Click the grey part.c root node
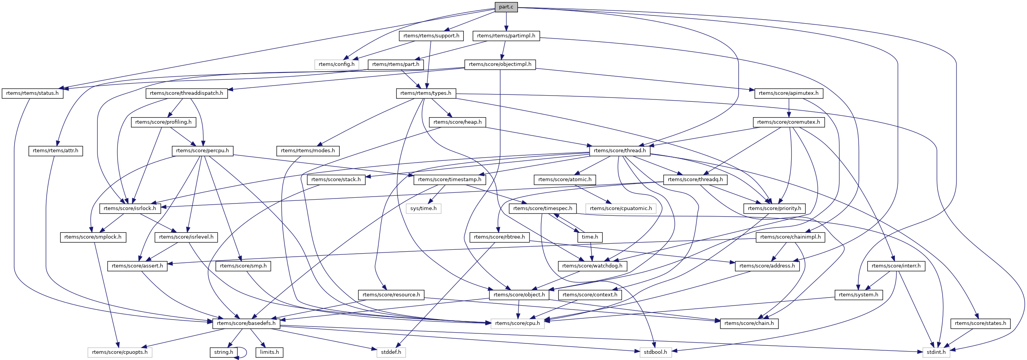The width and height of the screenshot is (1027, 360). click(506, 7)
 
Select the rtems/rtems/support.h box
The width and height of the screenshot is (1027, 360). click(431, 36)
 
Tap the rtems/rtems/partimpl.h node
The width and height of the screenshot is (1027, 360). click(506, 36)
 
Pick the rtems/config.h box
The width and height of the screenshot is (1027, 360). click(336, 65)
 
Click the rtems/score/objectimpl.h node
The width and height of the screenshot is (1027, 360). click(500, 65)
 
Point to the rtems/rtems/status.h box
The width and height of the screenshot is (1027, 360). click(32, 93)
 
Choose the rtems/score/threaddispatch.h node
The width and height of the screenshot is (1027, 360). click(187, 93)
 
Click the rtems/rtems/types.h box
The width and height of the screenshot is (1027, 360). click(426, 93)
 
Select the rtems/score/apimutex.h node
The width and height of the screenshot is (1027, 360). click(788, 93)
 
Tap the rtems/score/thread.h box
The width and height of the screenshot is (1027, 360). click(620, 151)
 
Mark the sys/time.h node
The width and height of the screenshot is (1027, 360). click(424, 209)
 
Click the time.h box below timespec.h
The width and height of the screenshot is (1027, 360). click(590, 237)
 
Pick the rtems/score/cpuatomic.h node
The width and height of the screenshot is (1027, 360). click(621, 209)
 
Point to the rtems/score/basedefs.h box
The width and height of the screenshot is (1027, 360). click(246, 323)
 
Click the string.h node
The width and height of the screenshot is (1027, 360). click(223, 352)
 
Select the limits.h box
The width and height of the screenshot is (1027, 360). click(269, 352)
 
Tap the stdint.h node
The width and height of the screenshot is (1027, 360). click(936, 352)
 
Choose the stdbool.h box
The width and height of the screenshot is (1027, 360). click(656, 352)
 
